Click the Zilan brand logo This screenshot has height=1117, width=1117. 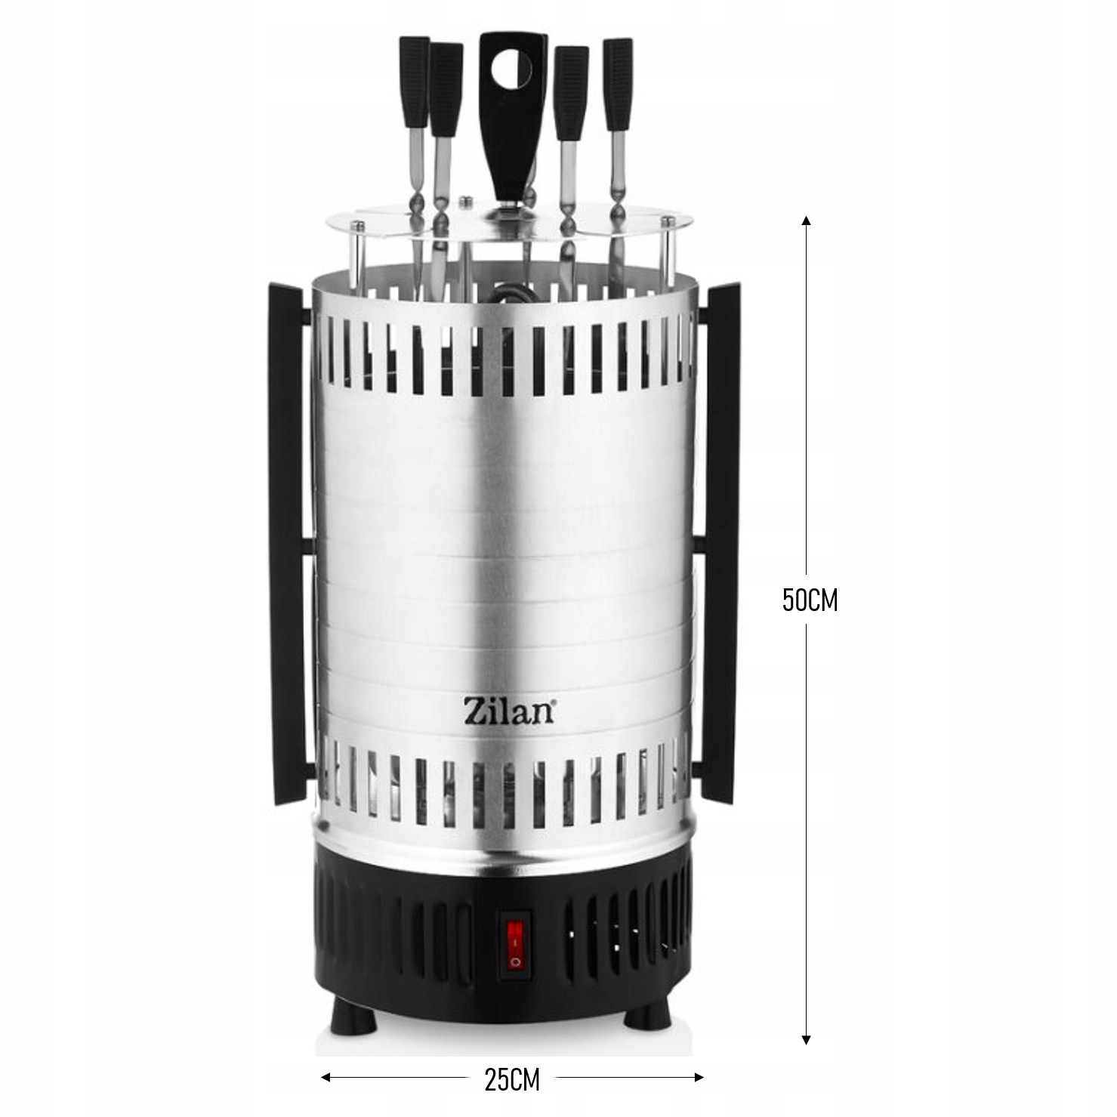[509, 712]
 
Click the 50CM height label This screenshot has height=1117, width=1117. [810, 600]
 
